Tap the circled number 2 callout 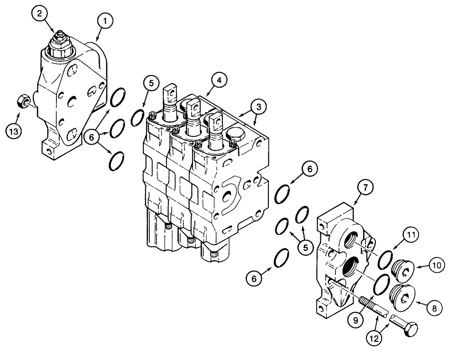point(40,14)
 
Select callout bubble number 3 point(258,107)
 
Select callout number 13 point(14,132)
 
